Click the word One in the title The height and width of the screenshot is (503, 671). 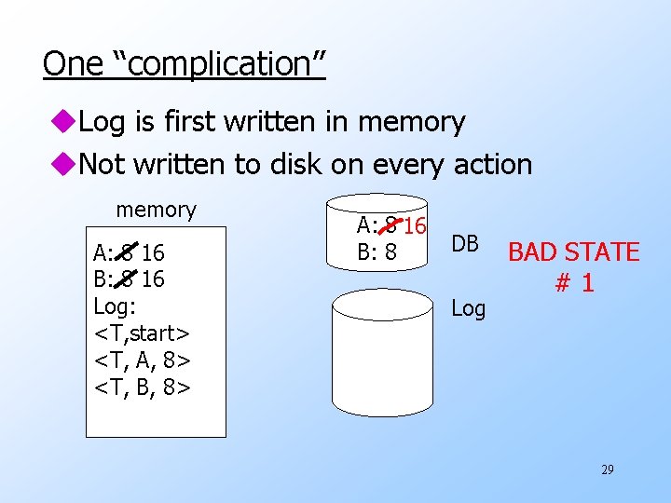pyautogui.click(x=74, y=63)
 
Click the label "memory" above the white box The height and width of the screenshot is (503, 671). pyautogui.click(x=156, y=210)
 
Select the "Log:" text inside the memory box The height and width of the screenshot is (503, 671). pyautogui.click(x=116, y=306)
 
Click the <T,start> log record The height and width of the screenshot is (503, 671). pyautogui.click(x=143, y=332)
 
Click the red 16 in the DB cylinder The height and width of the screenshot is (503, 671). pyautogui.click(x=415, y=225)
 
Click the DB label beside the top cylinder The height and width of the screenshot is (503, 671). pyautogui.click(x=465, y=244)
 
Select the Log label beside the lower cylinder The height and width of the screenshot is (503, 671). pyautogui.click(x=468, y=308)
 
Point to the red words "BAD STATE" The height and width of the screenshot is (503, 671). pyautogui.click(x=573, y=252)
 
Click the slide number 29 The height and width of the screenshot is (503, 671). pyautogui.click(x=607, y=470)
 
